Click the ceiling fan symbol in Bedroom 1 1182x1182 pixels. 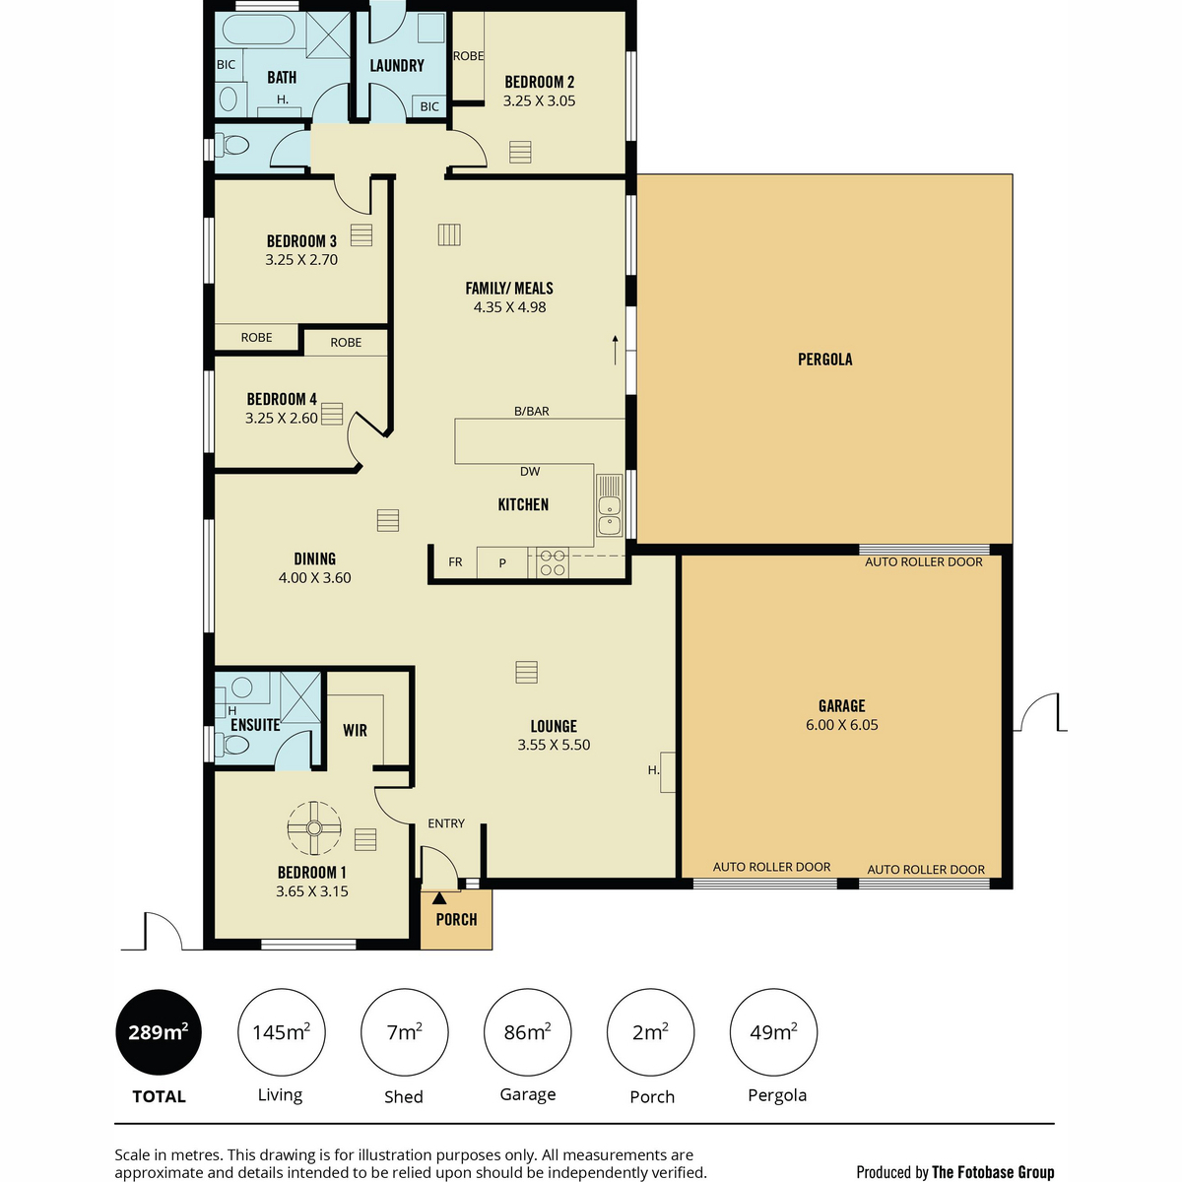[x=314, y=828]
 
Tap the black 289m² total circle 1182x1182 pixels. [x=159, y=1032]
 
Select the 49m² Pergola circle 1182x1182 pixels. [x=773, y=1032]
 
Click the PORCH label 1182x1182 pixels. [x=456, y=919]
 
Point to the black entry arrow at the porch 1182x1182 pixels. [x=439, y=898]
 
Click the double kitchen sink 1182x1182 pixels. [x=609, y=505]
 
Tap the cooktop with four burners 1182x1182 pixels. [x=552, y=563]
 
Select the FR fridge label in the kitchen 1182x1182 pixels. [x=455, y=561]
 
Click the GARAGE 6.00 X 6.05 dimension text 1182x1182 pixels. [x=841, y=725]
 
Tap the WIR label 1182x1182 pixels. [x=356, y=731]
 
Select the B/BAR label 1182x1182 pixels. [x=531, y=411]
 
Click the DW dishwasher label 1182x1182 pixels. [x=530, y=471]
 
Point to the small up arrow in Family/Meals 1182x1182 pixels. [x=616, y=351]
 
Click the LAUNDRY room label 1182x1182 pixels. [x=397, y=66]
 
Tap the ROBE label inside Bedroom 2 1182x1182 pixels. [x=469, y=56]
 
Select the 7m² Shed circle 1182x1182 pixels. [x=404, y=1032]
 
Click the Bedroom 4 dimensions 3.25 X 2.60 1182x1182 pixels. [x=282, y=419]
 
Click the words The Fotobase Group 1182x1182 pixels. [x=993, y=1172]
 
